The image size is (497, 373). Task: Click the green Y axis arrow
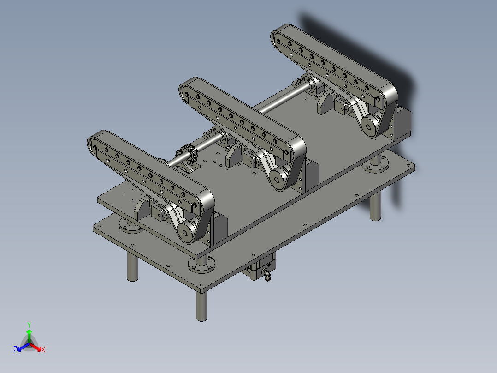[29, 336]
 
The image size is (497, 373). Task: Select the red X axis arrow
[35, 347]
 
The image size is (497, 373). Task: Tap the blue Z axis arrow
[23, 347]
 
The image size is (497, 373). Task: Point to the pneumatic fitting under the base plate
[266, 274]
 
